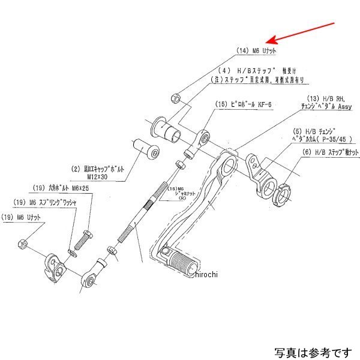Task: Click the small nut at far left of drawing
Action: (20, 244)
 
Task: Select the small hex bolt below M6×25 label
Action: (83, 239)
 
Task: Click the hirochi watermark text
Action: (202, 274)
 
